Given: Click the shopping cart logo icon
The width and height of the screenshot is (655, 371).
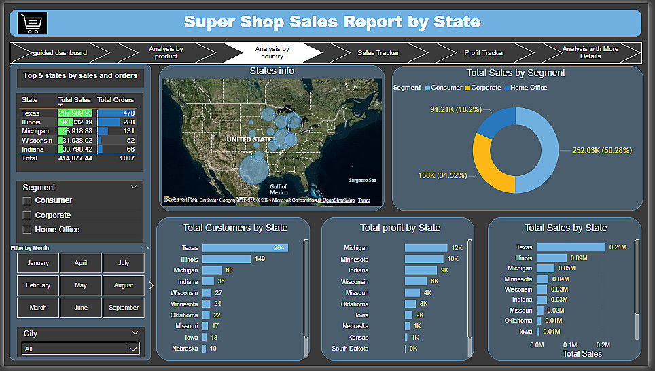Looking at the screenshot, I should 32,23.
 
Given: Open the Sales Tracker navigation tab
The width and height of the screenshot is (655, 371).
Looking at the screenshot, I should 378,52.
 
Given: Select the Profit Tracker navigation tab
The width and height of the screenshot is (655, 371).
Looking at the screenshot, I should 484,52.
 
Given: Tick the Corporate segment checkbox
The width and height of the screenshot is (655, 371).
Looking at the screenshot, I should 27,215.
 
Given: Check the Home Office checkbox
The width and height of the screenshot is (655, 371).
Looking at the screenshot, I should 27,230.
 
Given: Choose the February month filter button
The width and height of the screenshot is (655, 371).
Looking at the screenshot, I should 38,285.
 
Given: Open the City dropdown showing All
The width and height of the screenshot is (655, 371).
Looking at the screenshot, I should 81,349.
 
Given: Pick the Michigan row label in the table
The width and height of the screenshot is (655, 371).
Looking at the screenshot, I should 35,131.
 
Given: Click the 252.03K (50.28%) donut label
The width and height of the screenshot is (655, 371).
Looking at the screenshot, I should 601,150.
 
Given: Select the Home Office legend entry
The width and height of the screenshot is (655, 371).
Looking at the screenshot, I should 528,88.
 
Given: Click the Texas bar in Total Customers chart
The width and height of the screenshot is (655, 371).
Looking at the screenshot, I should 244,248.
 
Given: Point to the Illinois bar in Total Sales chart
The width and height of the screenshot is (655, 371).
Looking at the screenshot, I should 551,258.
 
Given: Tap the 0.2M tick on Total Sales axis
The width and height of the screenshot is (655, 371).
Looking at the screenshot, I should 603,344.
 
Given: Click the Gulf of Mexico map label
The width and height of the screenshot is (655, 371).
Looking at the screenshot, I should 278,189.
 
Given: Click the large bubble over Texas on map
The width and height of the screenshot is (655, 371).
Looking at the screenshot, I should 253,168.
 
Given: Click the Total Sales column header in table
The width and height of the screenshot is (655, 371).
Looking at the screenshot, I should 74,100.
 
